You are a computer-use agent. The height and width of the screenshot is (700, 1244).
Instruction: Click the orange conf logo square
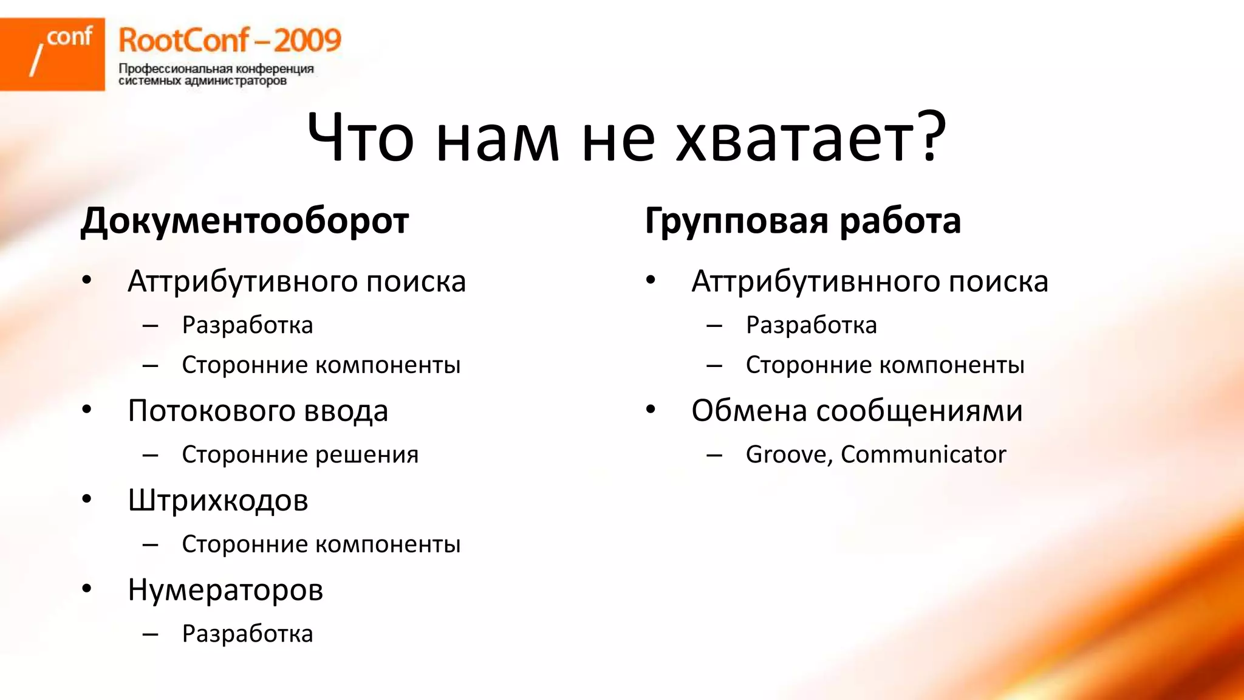tap(52, 54)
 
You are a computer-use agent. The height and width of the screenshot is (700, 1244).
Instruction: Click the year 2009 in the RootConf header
tap(307, 41)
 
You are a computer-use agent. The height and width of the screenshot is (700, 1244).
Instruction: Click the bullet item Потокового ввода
tap(258, 411)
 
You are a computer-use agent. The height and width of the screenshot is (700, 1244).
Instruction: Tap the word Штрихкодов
tap(218, 501)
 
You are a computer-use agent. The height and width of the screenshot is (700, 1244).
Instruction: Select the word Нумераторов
tap(225, 590)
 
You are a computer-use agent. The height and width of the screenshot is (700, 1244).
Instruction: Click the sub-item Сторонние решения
tap(300, 455)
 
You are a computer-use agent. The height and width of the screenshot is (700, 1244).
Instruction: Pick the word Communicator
tap(923, 455)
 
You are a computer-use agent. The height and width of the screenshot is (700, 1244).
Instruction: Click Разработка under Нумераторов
tap(247, 634)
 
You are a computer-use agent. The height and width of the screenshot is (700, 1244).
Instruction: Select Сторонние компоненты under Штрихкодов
tap(321, 544)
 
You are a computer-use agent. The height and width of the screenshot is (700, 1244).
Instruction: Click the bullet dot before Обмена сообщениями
tap(651, 410)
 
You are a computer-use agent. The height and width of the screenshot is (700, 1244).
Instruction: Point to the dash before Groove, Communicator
tap(714, 455)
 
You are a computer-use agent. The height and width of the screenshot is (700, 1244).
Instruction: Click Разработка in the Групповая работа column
tap(811, 325)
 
